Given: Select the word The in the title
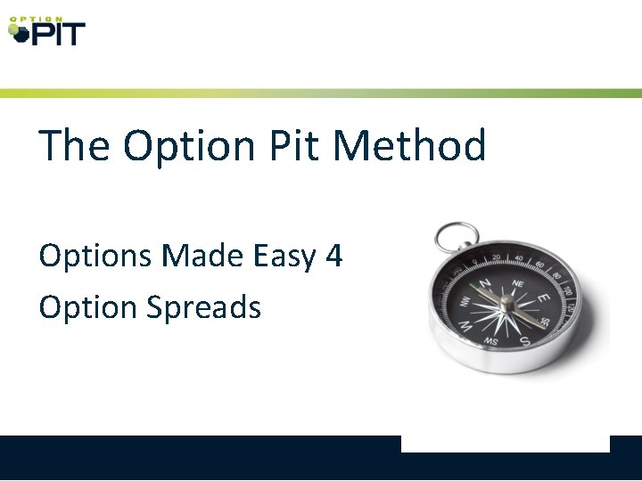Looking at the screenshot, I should (x=74, y=145).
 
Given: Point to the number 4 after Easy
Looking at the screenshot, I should (x=333, y=257).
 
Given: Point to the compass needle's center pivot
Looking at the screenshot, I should (x=507, y=306).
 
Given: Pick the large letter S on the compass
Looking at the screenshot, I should (x=525, y=339).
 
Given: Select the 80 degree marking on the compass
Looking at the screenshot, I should (x=553, y=273).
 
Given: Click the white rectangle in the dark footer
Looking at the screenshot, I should (x=505, y=444).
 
